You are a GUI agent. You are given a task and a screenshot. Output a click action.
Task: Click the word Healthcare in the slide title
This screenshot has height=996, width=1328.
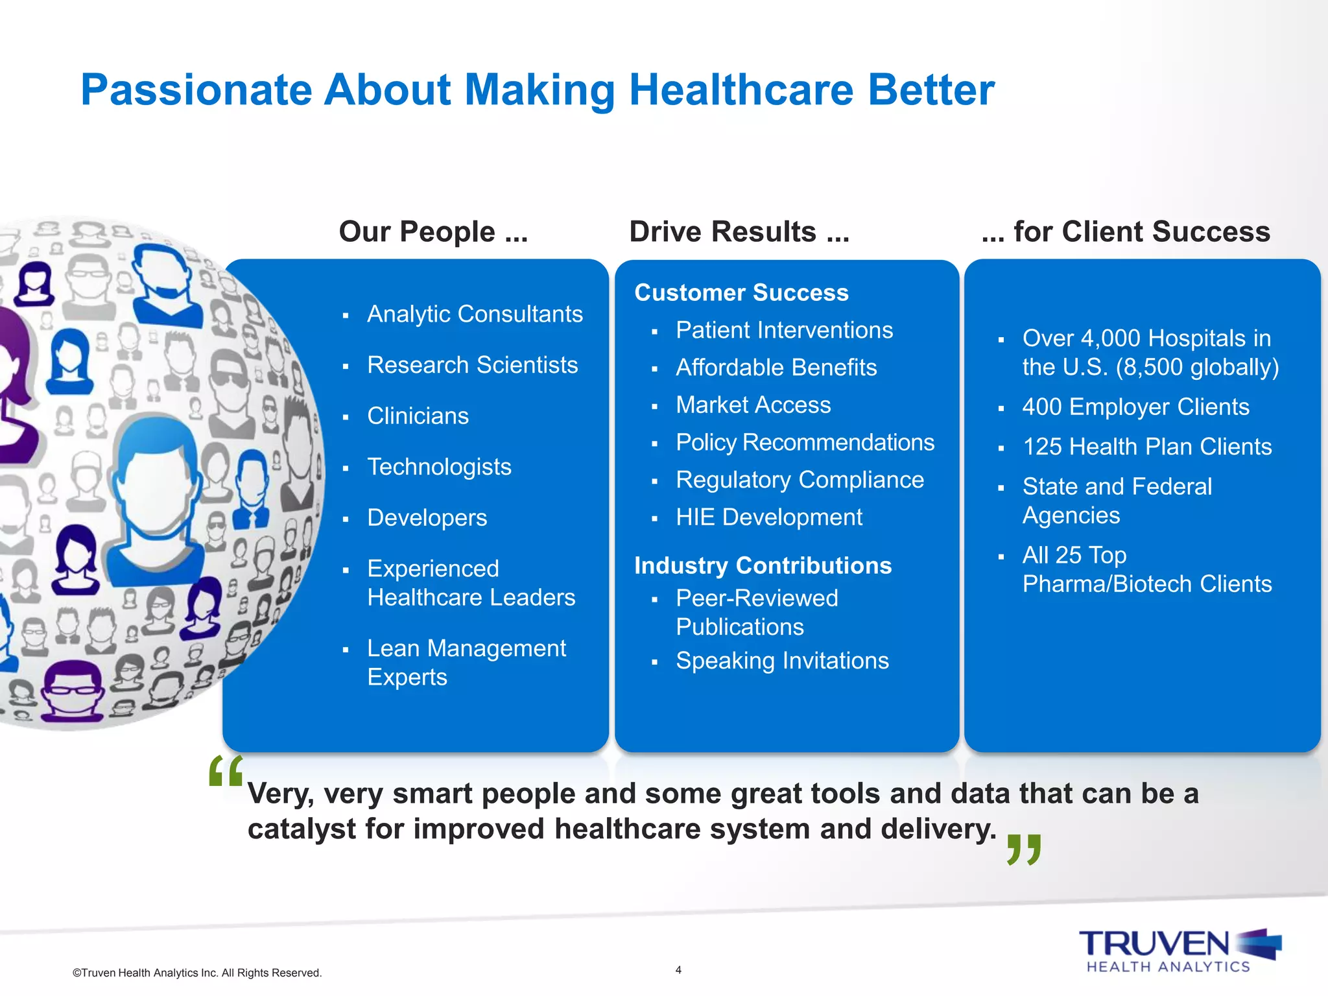pyautogui.click(x=741, y=89)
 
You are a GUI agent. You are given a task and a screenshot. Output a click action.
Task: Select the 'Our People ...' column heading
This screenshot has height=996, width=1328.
pyautogui.click(x=433, y=231)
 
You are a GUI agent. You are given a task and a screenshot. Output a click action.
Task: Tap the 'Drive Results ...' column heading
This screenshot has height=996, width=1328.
pyautogui.click(x=739, y=231)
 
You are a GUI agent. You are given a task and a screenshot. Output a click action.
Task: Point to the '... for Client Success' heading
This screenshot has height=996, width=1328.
pyautogui.click(x=1126, y=231)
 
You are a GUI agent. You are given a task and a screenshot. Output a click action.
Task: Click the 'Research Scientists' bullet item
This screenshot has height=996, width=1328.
pyautogui.click(x=472, y=365)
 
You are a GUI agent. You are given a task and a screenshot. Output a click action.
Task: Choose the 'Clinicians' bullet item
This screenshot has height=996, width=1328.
pyautogui.click(x=418, y=416)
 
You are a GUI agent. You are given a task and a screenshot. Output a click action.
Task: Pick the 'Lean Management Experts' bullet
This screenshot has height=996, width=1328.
pyautogui.click(x=466, y=662)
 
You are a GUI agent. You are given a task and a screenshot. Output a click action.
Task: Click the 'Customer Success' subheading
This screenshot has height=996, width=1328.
pyautogui.click(x=741, y=292)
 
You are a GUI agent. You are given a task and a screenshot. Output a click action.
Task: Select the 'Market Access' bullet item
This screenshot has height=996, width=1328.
pyautogui.click(x=753, y=405)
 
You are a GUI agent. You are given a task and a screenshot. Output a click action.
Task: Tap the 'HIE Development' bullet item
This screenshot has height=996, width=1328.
pyautogui.click(x=769, y=517)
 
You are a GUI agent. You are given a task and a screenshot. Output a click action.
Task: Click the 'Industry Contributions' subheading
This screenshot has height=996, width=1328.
pyautogui.click(x=763, y=565)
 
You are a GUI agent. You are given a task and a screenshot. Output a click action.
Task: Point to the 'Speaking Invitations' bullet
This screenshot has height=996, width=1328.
pyautogui.click(x=782, y=661)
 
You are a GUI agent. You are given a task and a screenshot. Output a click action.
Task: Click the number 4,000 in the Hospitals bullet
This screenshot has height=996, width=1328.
pyautogui.click(x=1110, y=338)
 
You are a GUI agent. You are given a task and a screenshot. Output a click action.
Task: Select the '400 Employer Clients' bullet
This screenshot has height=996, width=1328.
pyautogui.click(x=1135, y=407)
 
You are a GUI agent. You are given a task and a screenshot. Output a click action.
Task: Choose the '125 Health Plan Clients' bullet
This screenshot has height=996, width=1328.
pyautogui.click(x=1146, y=447)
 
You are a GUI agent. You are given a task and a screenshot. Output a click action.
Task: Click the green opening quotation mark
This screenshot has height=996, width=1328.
pyautogui.click(x=226, y=770)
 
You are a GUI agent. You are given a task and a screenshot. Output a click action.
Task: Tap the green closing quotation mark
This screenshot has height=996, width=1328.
pyautogui.click(x=1024, y=849)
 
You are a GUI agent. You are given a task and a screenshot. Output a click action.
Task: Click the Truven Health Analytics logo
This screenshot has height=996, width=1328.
pyautogui.click(x=1180, y=951)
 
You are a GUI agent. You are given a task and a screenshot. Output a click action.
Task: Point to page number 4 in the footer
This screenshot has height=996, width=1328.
pyautogui.click(x=678, y=970)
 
